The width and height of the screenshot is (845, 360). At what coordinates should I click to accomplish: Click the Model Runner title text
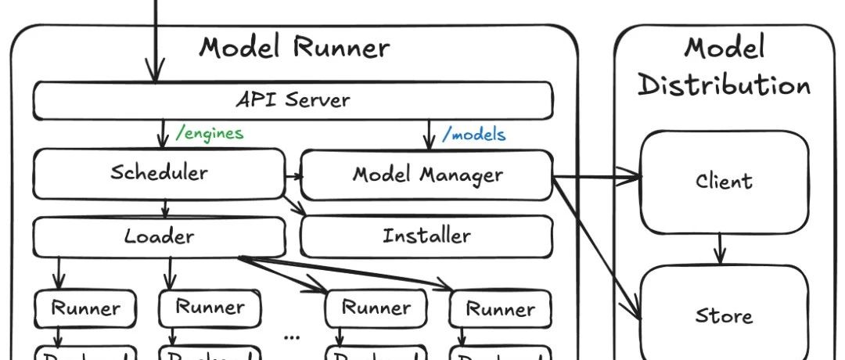point(293,48)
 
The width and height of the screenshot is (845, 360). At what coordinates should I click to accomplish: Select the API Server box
point(293,100)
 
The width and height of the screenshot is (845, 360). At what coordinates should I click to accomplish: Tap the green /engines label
point(210,133)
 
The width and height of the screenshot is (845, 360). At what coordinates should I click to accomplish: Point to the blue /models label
point(474,135)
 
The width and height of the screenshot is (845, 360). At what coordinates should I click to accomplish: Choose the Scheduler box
point(159,172)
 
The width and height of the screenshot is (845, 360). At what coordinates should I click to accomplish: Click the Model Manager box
point(427,174)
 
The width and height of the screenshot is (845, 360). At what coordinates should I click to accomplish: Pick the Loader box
point(159,236)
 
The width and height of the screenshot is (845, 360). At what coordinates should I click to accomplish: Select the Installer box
point(426,236)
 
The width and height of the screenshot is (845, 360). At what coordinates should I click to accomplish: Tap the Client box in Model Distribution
point(725,182)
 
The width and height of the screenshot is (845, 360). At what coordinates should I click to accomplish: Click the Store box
point(725,316)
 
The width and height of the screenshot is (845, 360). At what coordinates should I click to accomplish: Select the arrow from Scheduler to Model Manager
point(293,176)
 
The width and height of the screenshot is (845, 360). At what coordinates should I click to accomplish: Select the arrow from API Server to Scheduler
point(163,134)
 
